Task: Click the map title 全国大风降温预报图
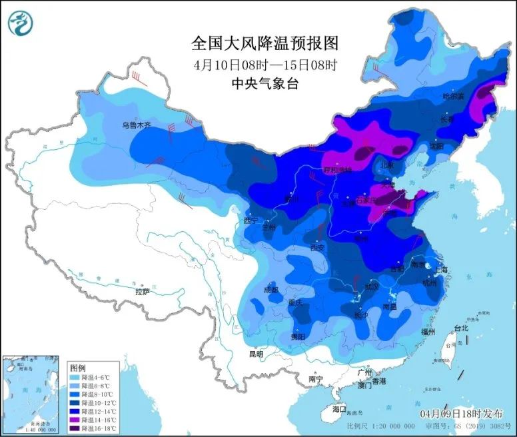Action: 265,44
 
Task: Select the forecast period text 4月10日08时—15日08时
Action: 265,65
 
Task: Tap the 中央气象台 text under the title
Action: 265,84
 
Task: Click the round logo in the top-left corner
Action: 20,24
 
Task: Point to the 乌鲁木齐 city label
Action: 136,125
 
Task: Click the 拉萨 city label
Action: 143,291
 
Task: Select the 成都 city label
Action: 270,290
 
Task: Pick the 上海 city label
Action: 440,270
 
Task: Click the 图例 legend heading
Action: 77,368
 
